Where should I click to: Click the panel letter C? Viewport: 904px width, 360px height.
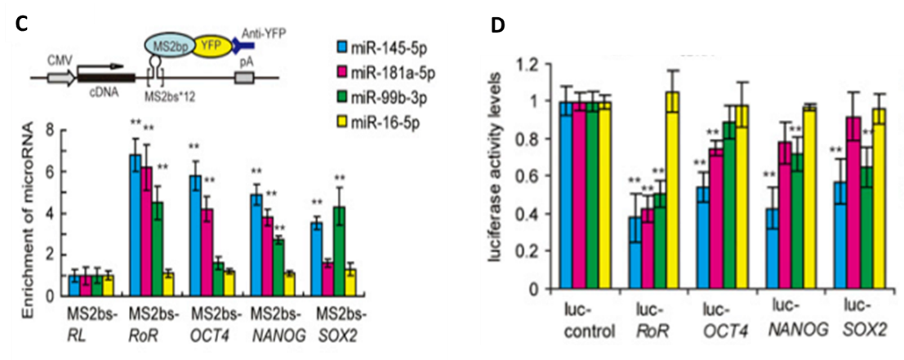point(23,24)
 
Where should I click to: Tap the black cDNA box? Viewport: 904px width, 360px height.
point(97,78)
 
